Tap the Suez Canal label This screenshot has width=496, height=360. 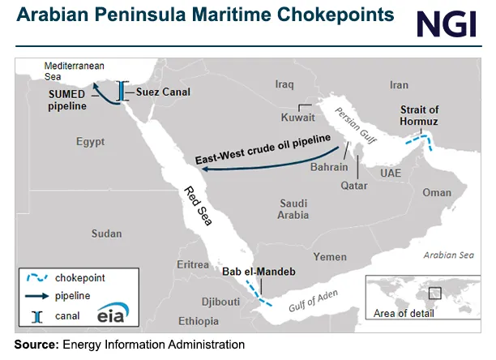point(163,92)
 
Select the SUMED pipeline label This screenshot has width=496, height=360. point(72,100)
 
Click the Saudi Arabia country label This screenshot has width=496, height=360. point(293,209)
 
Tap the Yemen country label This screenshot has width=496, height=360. point(330,256)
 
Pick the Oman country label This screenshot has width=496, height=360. point(437,193)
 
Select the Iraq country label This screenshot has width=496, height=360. point(284,84)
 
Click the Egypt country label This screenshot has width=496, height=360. point(90,142)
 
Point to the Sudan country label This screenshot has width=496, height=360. point(106,234)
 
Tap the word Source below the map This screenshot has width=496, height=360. point(34,345)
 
